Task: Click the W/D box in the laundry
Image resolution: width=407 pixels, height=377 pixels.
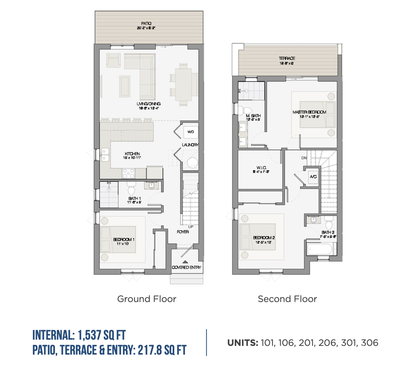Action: (190, 132)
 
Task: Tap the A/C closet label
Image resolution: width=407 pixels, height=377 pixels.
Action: (313, 177)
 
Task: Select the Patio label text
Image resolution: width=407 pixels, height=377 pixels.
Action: (146, 24)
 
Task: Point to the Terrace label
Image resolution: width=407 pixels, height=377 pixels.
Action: (287, 58)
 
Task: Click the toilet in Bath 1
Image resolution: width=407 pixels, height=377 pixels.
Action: (131, 189)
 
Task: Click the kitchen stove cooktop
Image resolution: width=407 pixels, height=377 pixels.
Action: (128, 173)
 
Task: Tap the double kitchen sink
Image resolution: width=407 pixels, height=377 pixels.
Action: (105, 155)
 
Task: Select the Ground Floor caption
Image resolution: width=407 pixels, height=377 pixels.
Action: (147, 299)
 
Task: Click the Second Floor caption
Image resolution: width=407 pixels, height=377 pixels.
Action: (287, 299)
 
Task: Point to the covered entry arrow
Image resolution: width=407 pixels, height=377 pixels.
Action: (185, 262)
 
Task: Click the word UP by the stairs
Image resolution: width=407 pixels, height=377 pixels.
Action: (191, 227)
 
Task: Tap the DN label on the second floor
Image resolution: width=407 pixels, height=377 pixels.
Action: (304, 158)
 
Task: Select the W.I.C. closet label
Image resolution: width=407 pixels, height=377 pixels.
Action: (261, 168)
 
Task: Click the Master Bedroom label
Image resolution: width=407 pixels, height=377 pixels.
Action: (309, 112)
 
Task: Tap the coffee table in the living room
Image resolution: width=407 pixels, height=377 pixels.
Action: (125, 86)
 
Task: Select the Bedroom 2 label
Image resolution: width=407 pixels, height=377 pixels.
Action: (264, 238)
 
